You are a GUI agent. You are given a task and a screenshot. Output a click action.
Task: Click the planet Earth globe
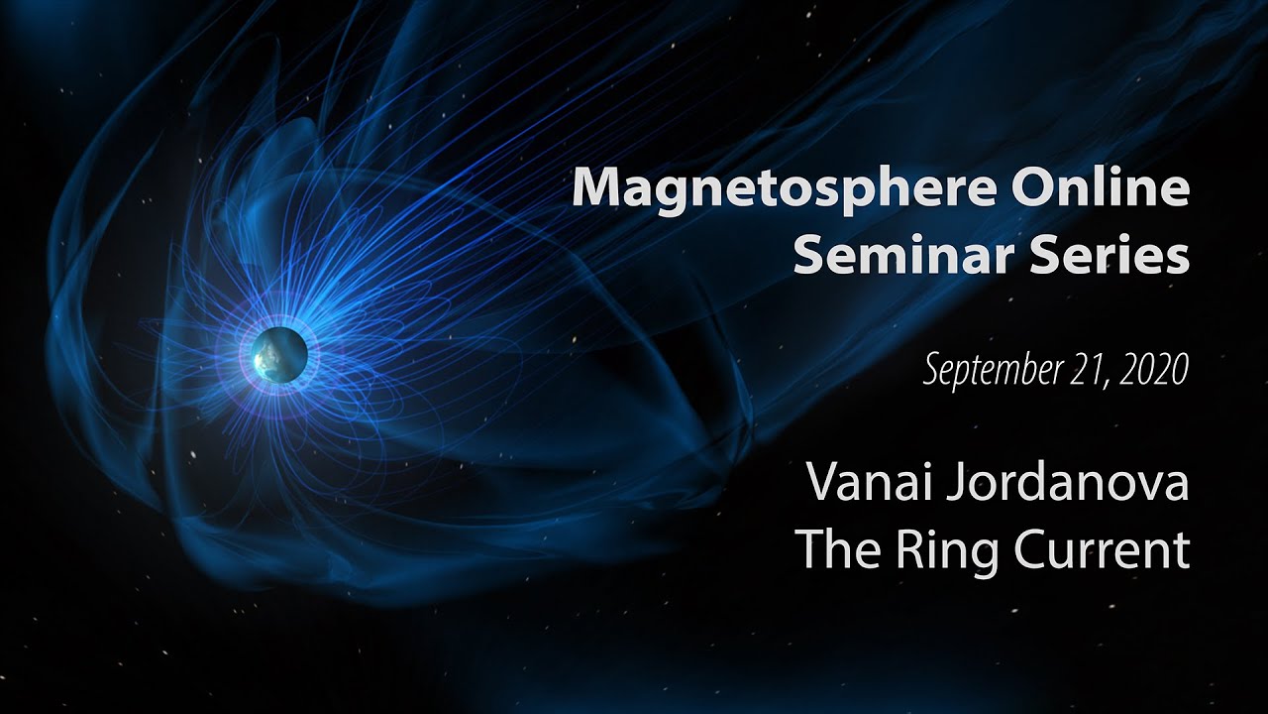(x=276, y=354)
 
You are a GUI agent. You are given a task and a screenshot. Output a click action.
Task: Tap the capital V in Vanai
(x=823, y=483)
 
